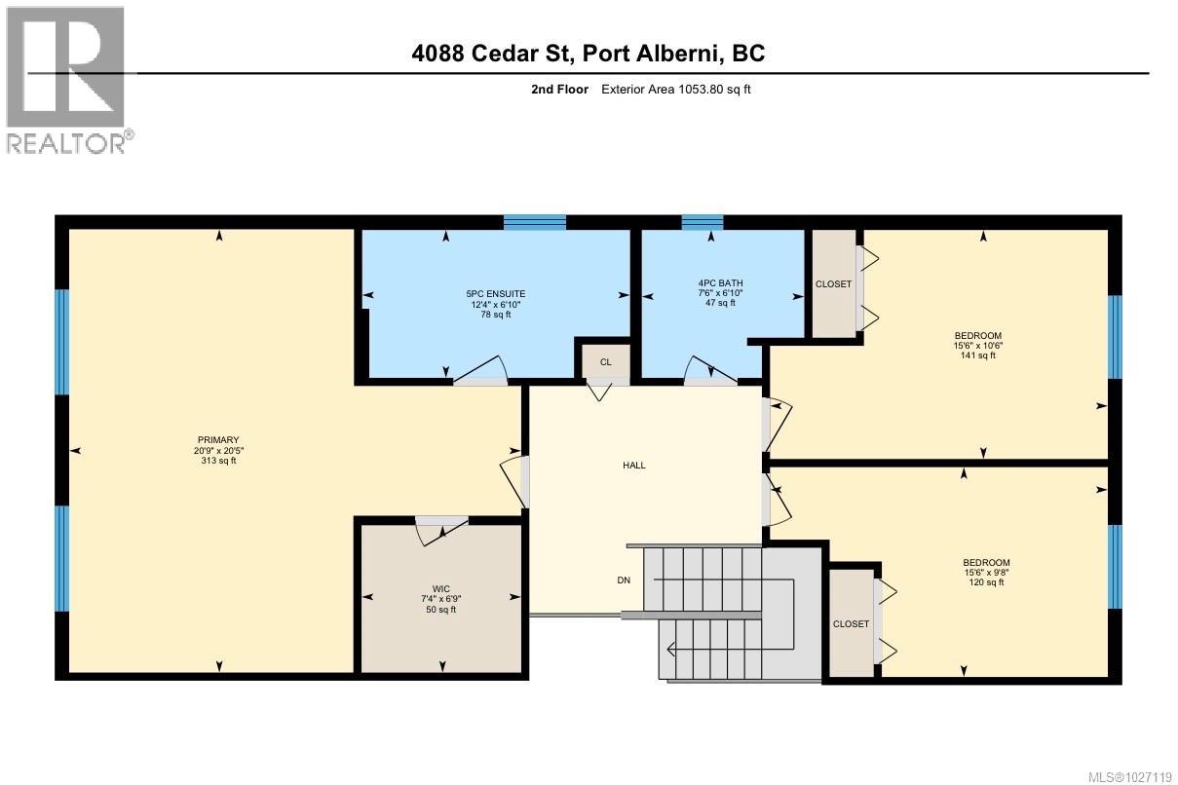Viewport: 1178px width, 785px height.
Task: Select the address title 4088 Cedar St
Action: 589,53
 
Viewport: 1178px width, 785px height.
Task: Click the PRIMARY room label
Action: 215,440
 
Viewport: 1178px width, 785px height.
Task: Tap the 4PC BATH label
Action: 720,282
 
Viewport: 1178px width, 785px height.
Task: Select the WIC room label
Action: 441,588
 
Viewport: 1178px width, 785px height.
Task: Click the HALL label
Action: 634,465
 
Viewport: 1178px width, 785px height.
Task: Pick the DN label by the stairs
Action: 624,580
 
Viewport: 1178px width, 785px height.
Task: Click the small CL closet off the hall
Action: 605,362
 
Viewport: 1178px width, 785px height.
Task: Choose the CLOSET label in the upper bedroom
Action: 833,284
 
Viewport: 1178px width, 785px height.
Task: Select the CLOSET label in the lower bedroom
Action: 851,624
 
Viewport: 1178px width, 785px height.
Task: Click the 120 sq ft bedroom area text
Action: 986,582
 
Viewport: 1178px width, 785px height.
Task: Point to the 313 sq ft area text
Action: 215,461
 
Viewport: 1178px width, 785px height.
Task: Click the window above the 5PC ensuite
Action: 534,222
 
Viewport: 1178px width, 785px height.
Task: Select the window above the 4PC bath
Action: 702,222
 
